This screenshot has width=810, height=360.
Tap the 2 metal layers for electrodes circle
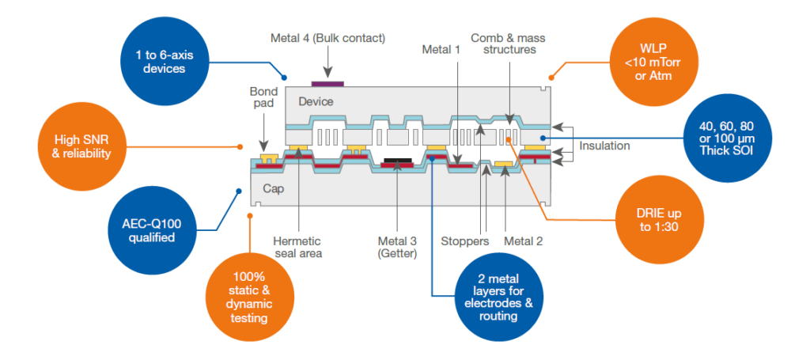point(495,295)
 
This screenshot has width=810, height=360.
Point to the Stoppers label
point(464,240)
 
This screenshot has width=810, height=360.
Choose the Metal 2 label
point(524,240)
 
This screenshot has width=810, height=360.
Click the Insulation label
point(605,146)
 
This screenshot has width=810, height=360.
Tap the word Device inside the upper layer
point(315,101)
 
